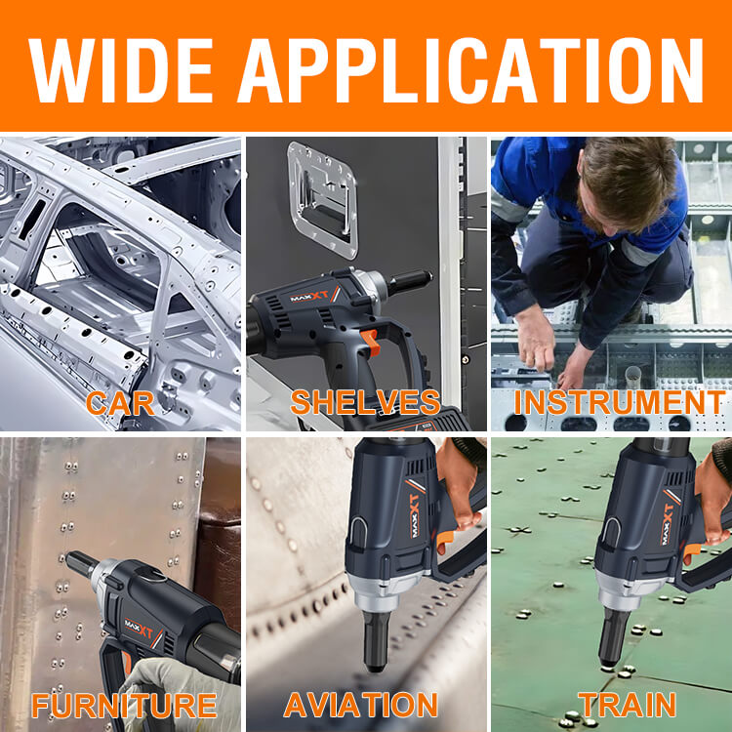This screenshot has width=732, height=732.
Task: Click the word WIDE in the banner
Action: click(121, 70)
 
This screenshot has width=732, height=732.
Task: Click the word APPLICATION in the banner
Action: click(470, 70)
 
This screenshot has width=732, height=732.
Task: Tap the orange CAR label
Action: click(120, 403)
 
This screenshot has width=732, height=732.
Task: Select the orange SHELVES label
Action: click(365, 402)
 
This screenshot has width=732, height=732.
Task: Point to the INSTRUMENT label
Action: click(620, 402)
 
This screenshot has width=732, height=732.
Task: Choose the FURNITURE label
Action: click(124, 706)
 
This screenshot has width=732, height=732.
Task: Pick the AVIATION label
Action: click(360, 705)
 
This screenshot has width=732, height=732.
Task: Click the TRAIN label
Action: click(627, 705)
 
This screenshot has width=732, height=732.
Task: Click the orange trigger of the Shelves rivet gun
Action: click(370, 343)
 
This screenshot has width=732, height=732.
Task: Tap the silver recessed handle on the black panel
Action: click(323, 200)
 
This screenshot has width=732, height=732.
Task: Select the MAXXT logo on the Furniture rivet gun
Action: click(140, 628)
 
